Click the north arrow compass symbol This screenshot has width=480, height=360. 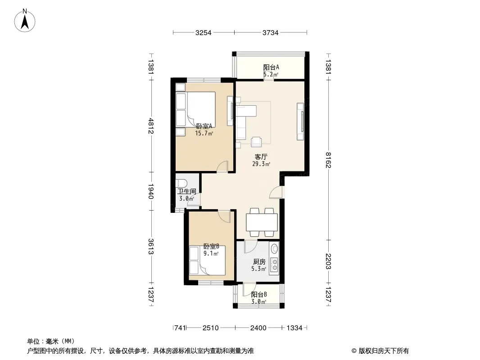[x=25, y=20]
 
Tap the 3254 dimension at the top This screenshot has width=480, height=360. [x=203, y=33]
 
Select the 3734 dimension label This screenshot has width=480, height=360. [x=270, y=33]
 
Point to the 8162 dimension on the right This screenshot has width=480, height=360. [x=328, y=160]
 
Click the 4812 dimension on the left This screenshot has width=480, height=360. [x=150, y=126]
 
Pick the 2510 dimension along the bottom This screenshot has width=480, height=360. [x=211, y=328]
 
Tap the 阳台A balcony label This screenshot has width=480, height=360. [x=271, y=67]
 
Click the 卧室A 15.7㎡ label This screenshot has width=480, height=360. [x=204, y=130]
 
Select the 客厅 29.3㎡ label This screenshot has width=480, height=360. [x=261, y=160]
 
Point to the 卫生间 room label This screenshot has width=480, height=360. [x=187, y=192]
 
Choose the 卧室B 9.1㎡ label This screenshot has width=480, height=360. [x=211, y=250]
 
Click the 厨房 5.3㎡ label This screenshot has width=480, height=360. [x=259, y=265]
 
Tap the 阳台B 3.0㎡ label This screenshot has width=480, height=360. [x=259, y=298]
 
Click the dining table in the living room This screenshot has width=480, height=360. [x=262, y=222]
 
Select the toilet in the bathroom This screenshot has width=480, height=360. [x=181, y=183]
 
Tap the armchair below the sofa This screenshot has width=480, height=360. [x=256, y=142]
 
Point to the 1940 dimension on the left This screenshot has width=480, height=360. [x=150, y=191]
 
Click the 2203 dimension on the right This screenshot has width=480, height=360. [x=328, y=261]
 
